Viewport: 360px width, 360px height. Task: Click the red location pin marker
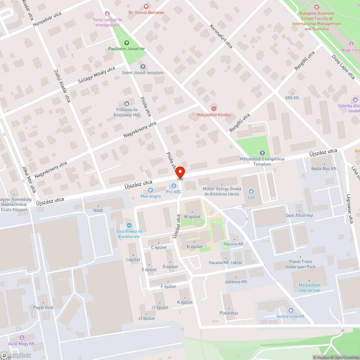coord(180,173)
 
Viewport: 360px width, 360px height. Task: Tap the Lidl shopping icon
coord(251,192)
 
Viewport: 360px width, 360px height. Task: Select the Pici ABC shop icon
coord(174,186)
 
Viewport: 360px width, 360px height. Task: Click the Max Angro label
coord(150,196)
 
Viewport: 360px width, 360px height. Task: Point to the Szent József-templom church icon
coord(143,67)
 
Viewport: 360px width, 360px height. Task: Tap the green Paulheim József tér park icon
coord(127,42)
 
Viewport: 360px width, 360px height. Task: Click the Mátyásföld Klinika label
coord(213,115)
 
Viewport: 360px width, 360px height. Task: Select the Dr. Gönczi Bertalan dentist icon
coord(146,6)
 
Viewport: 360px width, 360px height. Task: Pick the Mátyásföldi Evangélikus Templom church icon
coord(262,153)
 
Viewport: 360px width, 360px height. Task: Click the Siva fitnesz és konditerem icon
coord(129,225)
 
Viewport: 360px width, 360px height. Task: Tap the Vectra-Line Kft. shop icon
coord(291,310)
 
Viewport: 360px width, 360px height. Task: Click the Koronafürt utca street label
coord(221,36)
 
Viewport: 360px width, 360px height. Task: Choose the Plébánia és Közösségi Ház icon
coord(126,104)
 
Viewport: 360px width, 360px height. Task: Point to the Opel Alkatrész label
coord(299,215)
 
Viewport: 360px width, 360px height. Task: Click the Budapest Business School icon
coord(316,7)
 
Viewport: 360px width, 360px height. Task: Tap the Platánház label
coord(229,313)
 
